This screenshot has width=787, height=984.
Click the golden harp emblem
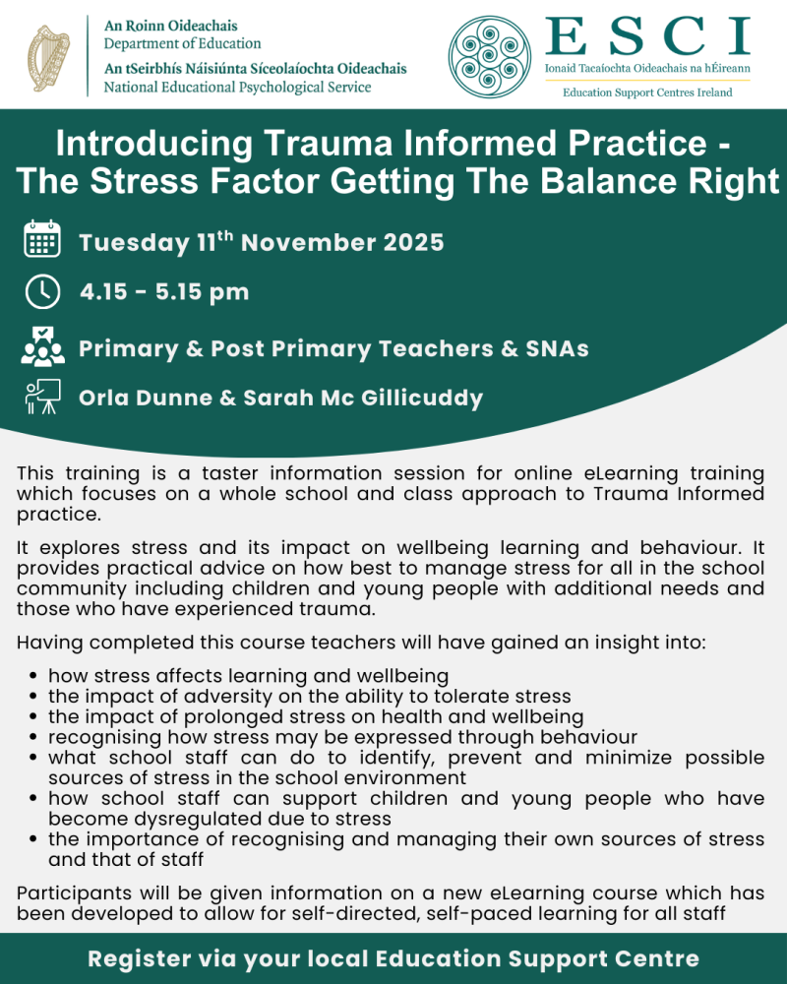48,54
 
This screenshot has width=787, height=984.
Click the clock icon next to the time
42,292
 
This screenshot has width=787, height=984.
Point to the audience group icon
42,346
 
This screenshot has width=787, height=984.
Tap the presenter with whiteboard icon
42,398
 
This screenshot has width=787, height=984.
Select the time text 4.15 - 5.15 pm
164,292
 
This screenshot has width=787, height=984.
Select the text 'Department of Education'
182,43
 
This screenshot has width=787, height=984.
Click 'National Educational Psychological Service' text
237,87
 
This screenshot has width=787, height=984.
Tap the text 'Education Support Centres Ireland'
646,92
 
